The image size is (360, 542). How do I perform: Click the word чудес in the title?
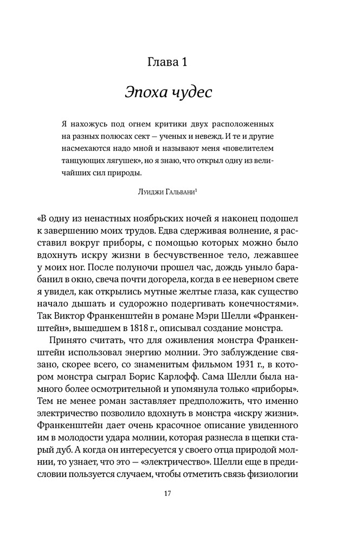click(190, 92)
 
